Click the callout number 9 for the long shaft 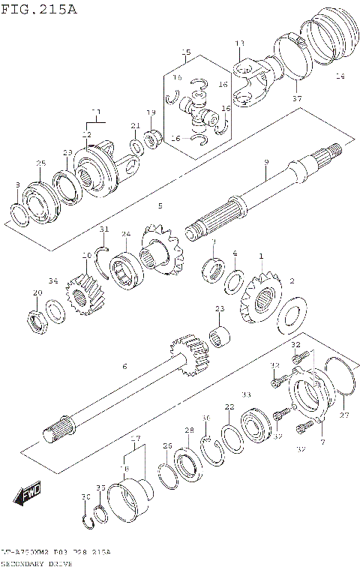265,162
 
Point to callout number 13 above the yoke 239,44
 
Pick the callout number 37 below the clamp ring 296,98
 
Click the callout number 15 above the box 186,52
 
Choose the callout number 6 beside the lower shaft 124,365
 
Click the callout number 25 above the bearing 40,163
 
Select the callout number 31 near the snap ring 104,229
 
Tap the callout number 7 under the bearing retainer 323,443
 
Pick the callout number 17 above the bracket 135,438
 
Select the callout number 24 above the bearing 125,234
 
